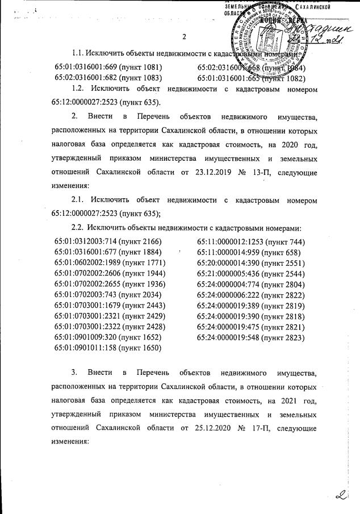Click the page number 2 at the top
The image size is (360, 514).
click(184, 37)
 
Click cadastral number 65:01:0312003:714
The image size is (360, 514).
click(86, 242)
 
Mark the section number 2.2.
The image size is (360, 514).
click(78, 228)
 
